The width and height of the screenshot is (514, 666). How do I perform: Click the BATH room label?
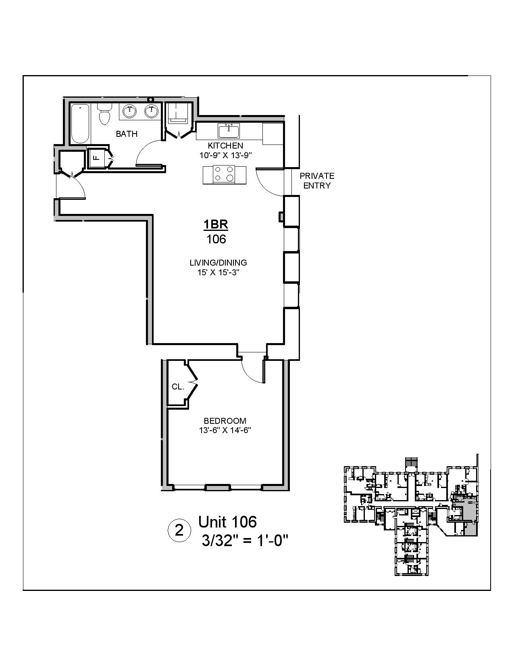pyautogui.click(x=127, y=134)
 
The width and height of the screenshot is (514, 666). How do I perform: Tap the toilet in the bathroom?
pyautogui.click(x=105, y=114)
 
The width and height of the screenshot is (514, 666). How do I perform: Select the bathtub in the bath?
pyautogui.click(x=80, y=124)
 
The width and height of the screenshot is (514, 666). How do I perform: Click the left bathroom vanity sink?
pyautogui.click(x=129, y=111)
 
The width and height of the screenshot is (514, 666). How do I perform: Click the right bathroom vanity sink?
pyautogui.click(x=152, y=111)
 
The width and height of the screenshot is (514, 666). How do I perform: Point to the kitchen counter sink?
pyautogui.click(x=229, y=131)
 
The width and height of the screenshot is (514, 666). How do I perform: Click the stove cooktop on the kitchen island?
pyautogui.click(x=224, y=174)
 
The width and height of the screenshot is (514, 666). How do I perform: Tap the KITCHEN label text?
pyautogui.click(x=225, y=145)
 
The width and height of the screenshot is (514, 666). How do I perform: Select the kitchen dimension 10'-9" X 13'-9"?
pyautogui.click(x=225, y=155)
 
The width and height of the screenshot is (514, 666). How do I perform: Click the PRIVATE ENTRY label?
pyautogui.click(x=317, y=181)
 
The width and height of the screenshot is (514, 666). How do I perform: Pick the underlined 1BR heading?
pyautogui.click(x=216, y=224)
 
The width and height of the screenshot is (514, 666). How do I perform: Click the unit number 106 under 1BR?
pyautogui.click(x=216, y=239)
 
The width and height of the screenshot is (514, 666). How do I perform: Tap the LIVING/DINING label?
pyautogui.click(x=218, y=263)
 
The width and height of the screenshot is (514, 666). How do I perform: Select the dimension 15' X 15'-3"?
pyautogui.click(x=218, y=272)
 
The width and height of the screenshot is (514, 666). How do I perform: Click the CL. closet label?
pyautogui.click(x=178, y=387)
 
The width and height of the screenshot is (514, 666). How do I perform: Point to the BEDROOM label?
pyautogui.click(x=225, y=421)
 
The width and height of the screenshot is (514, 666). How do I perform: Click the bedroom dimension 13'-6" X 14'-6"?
pyautogui.click(x=225, y=431)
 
